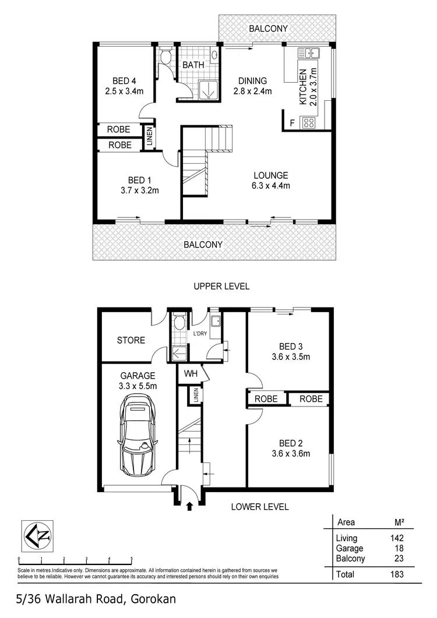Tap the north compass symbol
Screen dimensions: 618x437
37,535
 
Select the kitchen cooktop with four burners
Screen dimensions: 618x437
308,123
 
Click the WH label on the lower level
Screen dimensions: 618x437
191,373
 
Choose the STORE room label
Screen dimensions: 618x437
131,340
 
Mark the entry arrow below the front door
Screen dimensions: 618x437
189,507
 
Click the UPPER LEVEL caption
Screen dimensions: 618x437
221,286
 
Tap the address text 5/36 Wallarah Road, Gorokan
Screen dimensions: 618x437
96,599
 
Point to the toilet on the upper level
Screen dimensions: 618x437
165,56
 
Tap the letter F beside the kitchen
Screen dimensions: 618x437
291,123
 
